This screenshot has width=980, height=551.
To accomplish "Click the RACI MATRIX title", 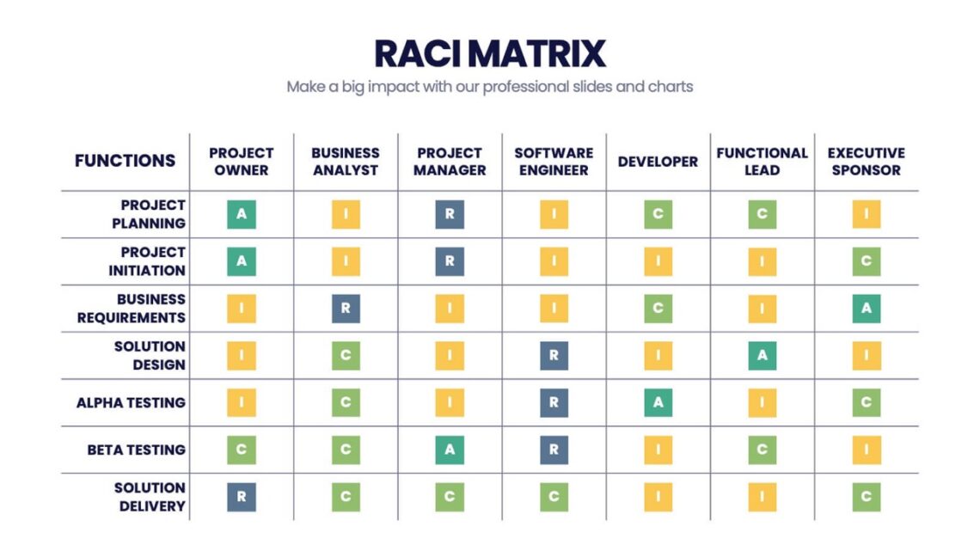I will [x=489, y=53].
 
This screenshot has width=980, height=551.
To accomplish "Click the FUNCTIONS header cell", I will [x=125, y=161].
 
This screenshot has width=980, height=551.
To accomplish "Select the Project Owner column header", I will [x=242, y=162].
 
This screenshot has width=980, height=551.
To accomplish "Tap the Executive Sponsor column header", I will [x=866, y=162].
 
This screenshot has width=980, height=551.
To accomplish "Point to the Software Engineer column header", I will [x=554, y=162].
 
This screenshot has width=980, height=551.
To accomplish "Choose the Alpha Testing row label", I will [x=131, y=402].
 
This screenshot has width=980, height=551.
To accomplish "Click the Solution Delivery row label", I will [x=150, y=497].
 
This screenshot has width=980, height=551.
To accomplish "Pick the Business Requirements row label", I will [x=132, y=309].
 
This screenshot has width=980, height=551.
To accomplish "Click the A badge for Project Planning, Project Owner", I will [x=242, y=214].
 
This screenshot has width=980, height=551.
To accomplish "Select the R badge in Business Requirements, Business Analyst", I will [x=346, y=309].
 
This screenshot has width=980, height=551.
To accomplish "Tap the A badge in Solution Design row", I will [x=762, y=355].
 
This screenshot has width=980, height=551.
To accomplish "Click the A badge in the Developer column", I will [x=658, y=402].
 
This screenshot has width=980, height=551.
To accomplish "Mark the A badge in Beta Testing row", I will [x=450, y=450].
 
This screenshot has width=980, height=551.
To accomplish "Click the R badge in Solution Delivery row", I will [x=242, y=497].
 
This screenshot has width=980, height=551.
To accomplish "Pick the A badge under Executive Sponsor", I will [x=866, y=309].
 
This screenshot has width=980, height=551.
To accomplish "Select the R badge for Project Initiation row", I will [x=450, y=261].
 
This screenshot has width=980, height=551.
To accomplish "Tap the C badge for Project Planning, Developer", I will [x=658, y=214].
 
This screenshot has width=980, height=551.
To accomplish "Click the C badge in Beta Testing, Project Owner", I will [x=242, y=450].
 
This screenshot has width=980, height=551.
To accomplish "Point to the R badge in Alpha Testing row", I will [x=554, y=402].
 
